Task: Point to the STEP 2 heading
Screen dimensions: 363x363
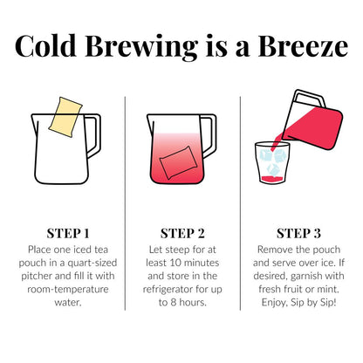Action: click(x=182, y=233)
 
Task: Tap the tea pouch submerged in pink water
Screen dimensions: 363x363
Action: click(x=181, y=163)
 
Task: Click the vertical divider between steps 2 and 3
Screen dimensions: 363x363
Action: click(x=241, y=201)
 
